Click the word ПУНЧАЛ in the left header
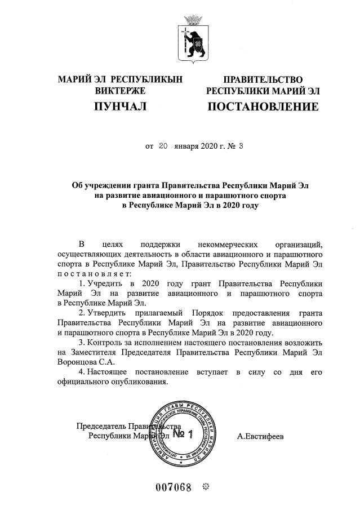point(120,106)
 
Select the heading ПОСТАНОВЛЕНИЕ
point(263,106)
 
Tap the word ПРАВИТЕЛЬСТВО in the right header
point(263,79)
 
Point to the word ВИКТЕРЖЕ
point(120,90)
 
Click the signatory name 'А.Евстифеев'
point(261,436)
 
